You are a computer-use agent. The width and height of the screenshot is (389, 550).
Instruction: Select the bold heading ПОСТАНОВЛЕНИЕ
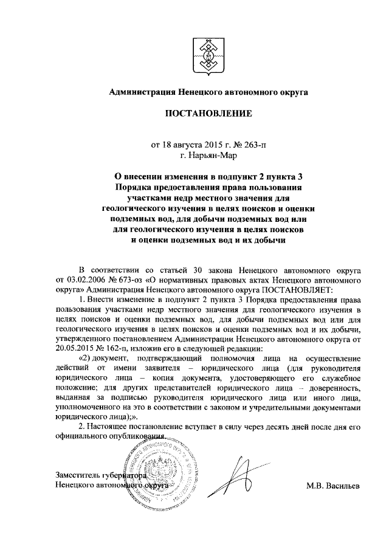pyautogui.click(x=208, y=114)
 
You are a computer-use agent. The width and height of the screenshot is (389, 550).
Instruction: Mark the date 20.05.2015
pyautogui.click(x=75, y=348)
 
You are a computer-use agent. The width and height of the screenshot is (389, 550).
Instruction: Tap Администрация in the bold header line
pyautogui.click(x=141, y=92)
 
